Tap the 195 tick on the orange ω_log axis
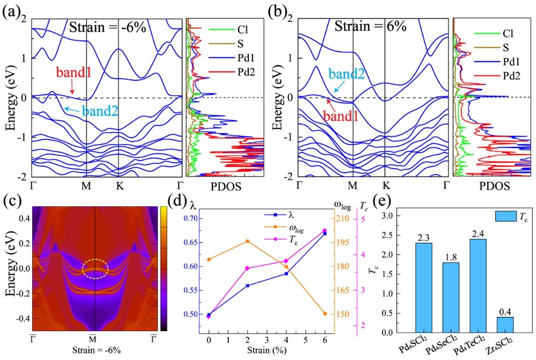346,242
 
